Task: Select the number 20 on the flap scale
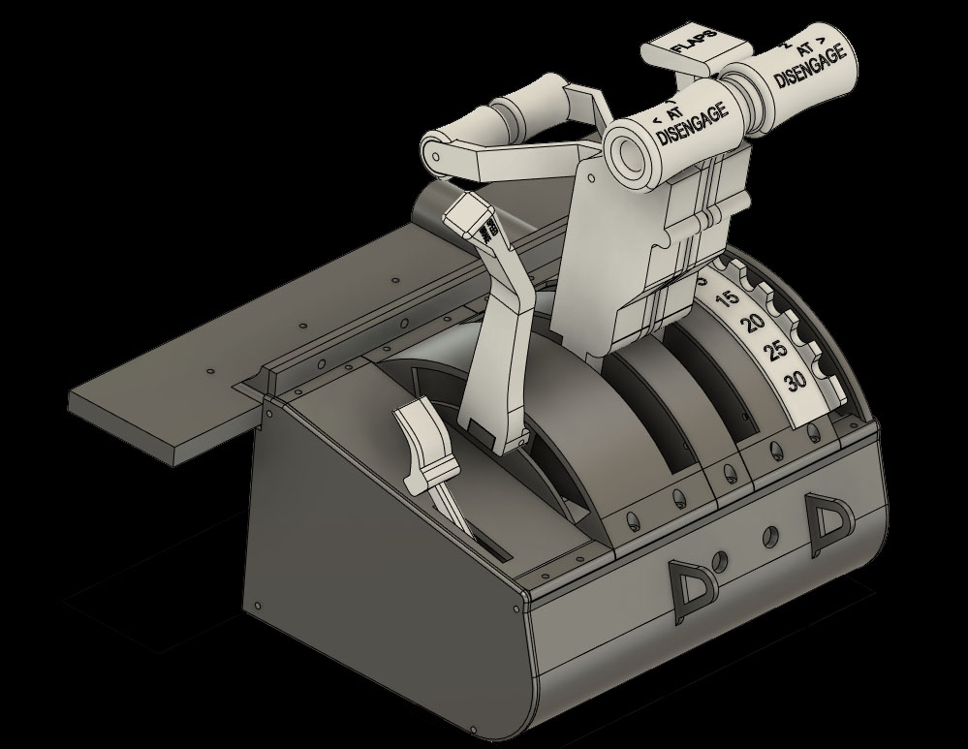coord(751,326)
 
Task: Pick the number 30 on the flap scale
coord(796,380)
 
